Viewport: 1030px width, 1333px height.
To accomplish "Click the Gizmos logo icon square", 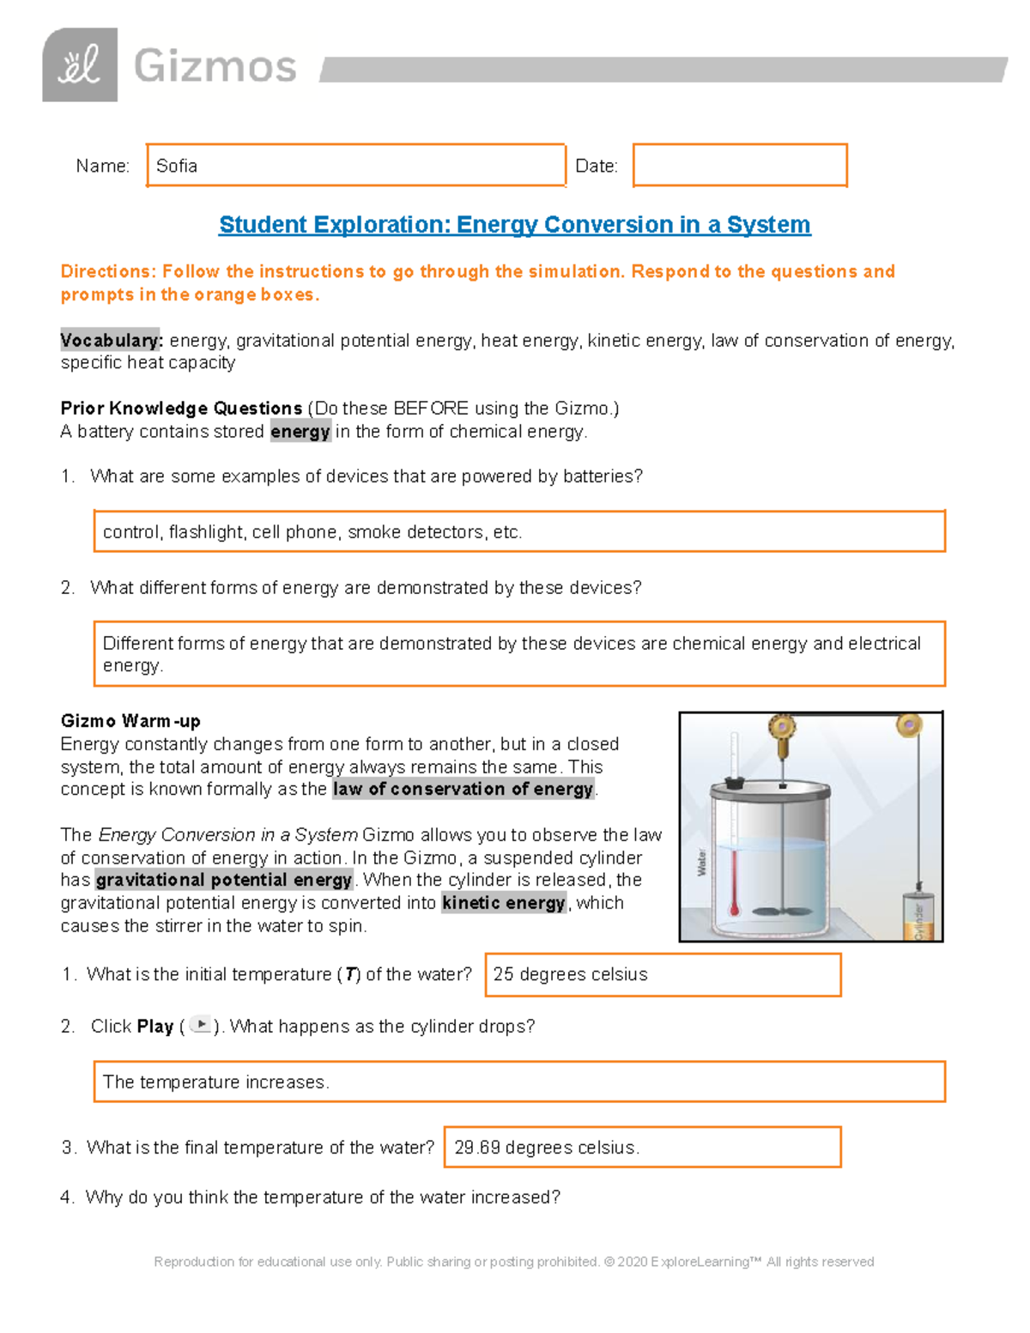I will click(x=80, y=65).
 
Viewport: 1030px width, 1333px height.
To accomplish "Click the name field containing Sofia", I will click(x=355, y=166).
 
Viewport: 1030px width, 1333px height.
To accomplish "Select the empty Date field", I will click(x=740, y=166).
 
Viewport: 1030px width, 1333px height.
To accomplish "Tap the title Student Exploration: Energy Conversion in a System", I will click(x=514, y=225).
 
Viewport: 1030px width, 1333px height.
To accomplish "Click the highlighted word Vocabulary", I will click(x=111, y=341).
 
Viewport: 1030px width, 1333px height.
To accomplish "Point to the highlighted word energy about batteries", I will click(x=300, y=432).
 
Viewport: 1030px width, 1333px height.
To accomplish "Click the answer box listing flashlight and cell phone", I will click(x=519, y=532).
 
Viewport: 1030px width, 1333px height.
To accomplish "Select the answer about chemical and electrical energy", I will click(x=519, y=654).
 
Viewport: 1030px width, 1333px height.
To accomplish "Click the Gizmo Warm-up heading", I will click(x=130, y=721).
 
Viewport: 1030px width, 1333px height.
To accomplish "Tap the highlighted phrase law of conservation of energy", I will click(x=463, y=790).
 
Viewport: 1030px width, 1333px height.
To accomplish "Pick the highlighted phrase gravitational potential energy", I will click(x=224, y=881).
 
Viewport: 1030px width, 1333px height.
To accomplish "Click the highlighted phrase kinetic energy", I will click(x=504, y=903).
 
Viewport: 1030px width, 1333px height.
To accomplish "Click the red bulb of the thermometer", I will click(x=735, y=910).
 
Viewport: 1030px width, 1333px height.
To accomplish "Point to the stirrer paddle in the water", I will click(x=783, y=912).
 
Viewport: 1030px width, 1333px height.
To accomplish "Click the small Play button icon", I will click(x=200, y=1025).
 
